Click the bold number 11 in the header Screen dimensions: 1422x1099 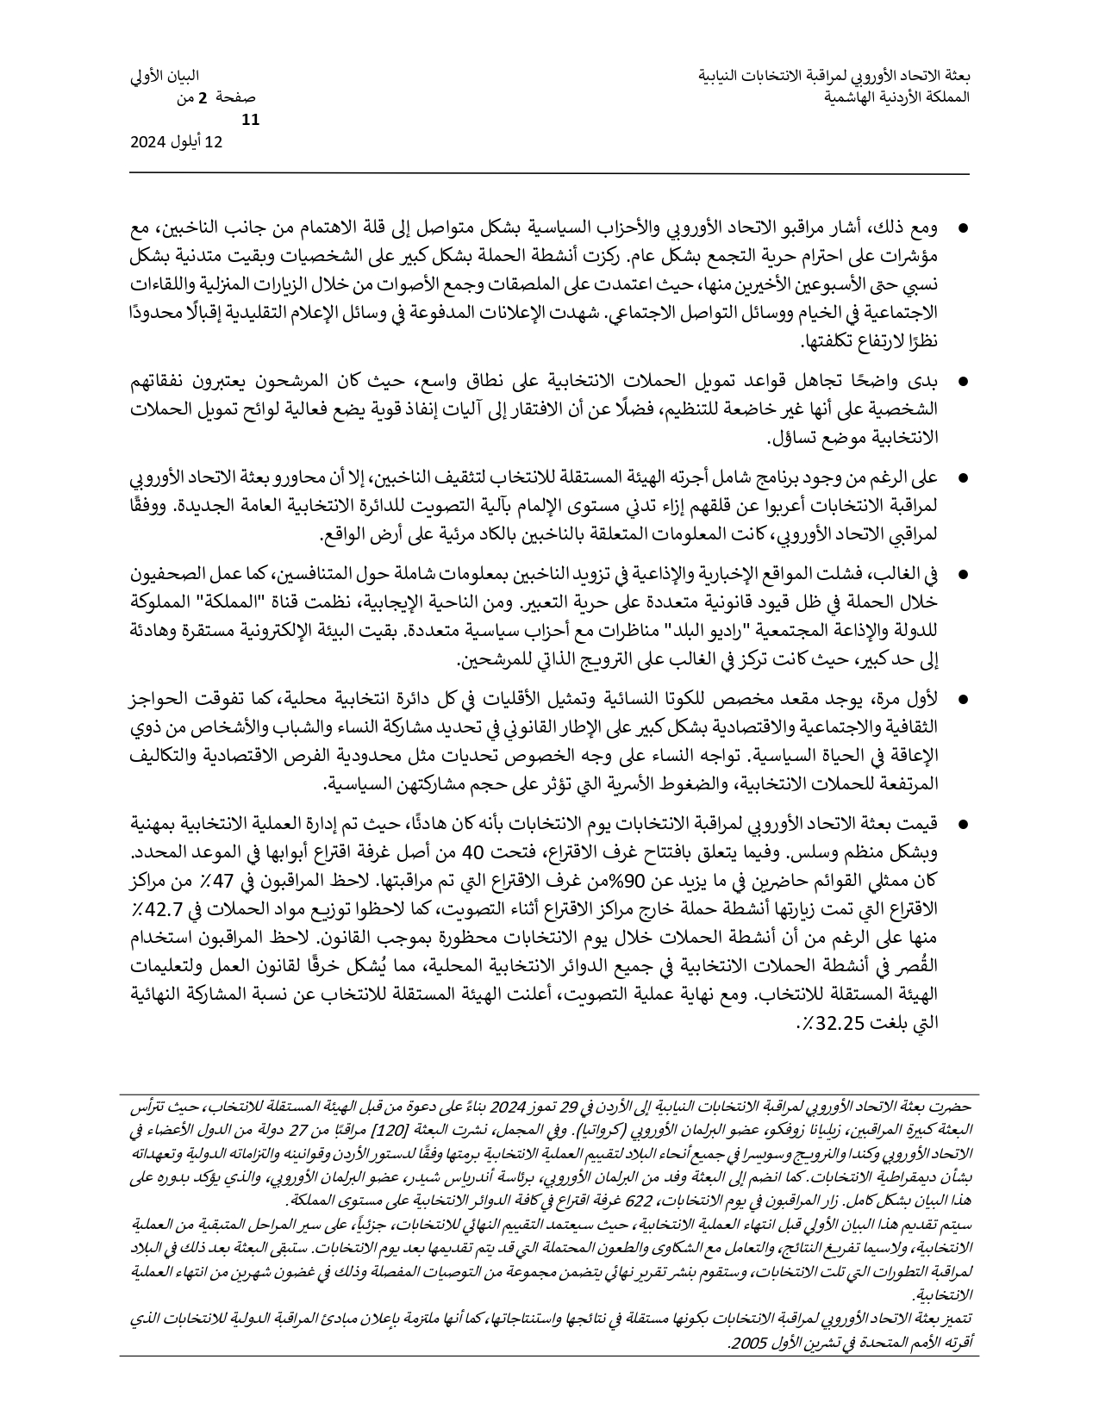point(251,121)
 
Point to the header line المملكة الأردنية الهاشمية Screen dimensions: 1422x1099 point(896,97)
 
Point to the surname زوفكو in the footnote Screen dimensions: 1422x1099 point(827,1130)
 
